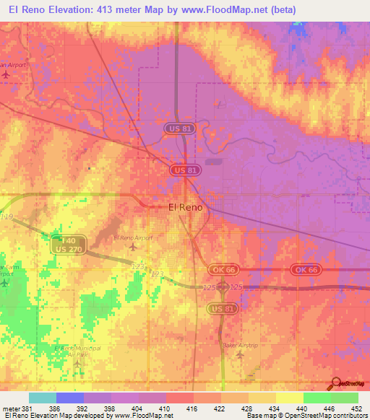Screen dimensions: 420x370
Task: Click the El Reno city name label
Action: coord(185,206)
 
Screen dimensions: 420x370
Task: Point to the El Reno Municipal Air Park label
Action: coord(75,351)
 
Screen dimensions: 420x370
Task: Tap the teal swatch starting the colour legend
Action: coord(43,398)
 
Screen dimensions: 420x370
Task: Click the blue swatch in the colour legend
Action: coord(70,398)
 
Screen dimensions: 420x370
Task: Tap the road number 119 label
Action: coord(7,216)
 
